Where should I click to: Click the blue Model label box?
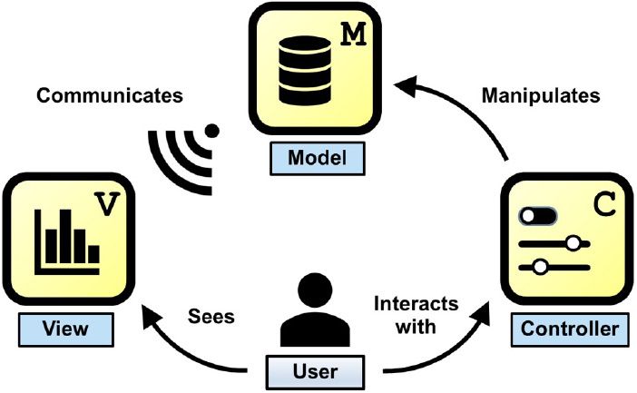coord(318,158)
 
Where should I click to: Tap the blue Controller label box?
coord(570,327)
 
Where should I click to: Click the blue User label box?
coord(315,371)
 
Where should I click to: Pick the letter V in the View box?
coord(108,204)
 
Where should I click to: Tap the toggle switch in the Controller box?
coord(538,217)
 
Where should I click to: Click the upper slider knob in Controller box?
coord(573,243)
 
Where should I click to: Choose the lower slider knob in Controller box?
coord(541,267)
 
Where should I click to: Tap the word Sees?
coord(211,317)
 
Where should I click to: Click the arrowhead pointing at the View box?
coord(144,316)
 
